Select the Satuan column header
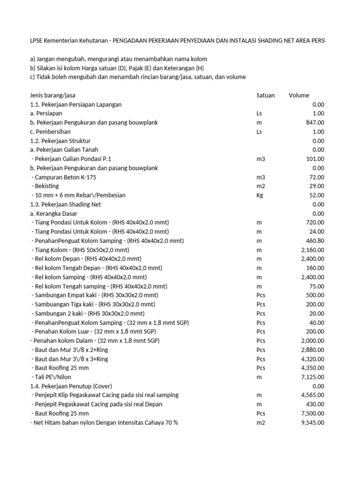click(266, 96)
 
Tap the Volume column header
click(299, 96)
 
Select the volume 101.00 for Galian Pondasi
click(314, 159)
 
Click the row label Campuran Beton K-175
click(65, 177)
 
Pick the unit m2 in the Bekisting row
click(261, 186)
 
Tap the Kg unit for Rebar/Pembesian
click(260, 195)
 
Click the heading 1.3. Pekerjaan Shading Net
click(65, 204)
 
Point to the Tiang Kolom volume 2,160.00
click(311, 250)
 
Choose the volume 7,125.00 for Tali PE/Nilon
click(311, 377)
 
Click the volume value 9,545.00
click(311, 422)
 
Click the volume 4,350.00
click(311, 368)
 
